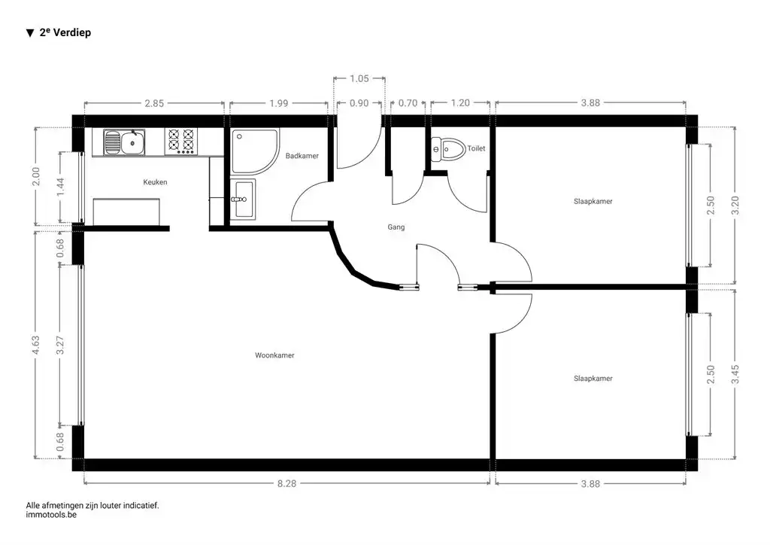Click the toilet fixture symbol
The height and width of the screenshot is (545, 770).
447,148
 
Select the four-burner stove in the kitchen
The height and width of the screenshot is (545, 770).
180,141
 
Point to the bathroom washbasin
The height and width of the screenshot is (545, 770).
242,199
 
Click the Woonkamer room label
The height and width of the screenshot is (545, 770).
274,355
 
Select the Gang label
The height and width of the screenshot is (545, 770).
396,227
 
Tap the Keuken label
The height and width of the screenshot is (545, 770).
155,182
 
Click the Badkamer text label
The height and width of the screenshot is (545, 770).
302,156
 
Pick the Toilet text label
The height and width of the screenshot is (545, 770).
476,148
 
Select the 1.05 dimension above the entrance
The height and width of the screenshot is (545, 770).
359,78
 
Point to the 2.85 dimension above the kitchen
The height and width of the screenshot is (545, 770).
154,103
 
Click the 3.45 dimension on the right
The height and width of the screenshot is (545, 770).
735,374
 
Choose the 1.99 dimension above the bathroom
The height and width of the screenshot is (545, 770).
278,103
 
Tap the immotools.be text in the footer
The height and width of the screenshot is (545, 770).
51,516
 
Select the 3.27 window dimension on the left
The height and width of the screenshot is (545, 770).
60,344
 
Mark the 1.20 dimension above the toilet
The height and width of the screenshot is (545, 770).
459,103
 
